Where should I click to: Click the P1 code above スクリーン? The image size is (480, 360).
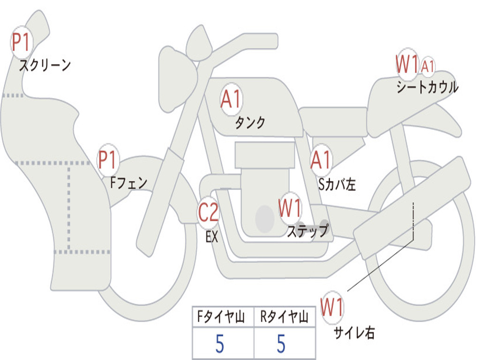pyautogui.click(x=21, y=43)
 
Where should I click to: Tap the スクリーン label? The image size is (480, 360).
pyautogui.click(x=45, y=65)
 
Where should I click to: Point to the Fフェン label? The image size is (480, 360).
pyautogui.click(x=128, y=182)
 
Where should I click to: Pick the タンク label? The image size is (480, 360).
pyautogui.click(x=250, y=123)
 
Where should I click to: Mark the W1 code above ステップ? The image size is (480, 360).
pyautogui.click(x=290, y=208)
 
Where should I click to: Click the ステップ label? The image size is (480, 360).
pyautogui.click(x=307, y=231)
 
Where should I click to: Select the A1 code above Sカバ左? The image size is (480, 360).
pyautogui.click(x=322, y=160)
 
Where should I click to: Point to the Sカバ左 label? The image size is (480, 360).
pyautogui.click(x=337, y=184)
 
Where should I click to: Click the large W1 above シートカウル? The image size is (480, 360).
pyautogui.click(x=406, y=64)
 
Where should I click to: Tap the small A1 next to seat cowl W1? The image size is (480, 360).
pyautogui.click(x=427, y=66)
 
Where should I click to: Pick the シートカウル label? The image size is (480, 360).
pyautogui.click(x=427, y=88)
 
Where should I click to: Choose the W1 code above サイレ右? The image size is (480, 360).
pyautogui.click(x=332, y=307)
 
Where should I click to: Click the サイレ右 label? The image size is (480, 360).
pyautogui.click(x=354, y=332)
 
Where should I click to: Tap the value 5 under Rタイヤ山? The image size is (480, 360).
pyautogui.click(x=281, y=344)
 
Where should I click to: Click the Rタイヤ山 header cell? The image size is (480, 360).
pyautogui.click(x=284, y=318)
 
